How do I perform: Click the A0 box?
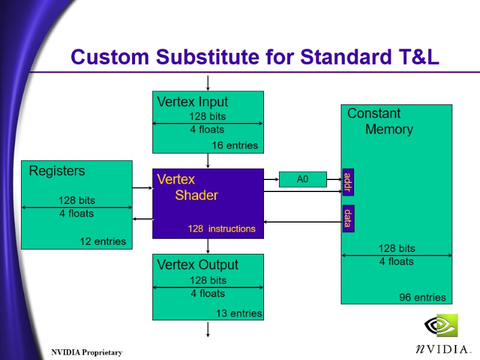pos(302,179)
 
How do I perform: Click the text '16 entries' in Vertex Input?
pos(235,145)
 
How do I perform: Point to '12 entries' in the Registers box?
pos(103,241)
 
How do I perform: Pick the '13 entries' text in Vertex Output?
pos(239,313)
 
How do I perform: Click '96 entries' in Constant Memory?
pos(422,298)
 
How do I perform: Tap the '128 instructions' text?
pos(221,229)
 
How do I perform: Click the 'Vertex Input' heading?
pos(192,101)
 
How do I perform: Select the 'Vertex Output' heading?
pos(197,265)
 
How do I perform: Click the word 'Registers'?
pos(57,171)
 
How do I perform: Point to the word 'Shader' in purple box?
pos(196,195)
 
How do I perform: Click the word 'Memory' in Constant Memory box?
pos(389,129)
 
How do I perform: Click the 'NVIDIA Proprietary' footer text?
pos(86,352)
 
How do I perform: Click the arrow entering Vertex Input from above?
pos(208,83)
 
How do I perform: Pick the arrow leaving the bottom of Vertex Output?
pos(208,329)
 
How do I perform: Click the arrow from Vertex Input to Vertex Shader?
pos(208,161)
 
